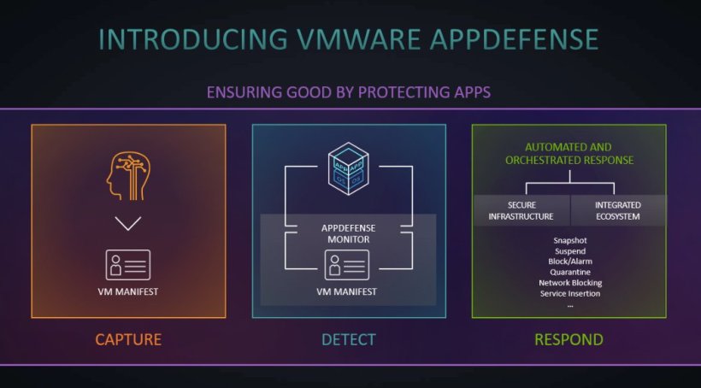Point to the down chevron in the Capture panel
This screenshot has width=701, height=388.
point(128,225)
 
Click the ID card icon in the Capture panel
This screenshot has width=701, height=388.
point(128,264)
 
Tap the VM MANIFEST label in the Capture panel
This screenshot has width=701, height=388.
point(128,291)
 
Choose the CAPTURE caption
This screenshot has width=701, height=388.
point(128,339)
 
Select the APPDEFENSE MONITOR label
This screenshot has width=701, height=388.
point(348,235)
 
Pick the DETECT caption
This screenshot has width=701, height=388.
point(348,339)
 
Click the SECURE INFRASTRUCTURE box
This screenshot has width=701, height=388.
point(521,210)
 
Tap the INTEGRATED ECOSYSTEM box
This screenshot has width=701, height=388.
point(618,210)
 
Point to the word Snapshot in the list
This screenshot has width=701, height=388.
point(570,240)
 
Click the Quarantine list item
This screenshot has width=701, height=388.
point(570,272)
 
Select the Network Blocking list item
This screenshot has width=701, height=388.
point(570,282)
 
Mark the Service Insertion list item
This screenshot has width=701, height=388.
point(570,293)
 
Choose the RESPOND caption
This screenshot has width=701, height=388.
point(568,339)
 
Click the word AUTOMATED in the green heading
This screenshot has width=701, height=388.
point(557,147)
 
